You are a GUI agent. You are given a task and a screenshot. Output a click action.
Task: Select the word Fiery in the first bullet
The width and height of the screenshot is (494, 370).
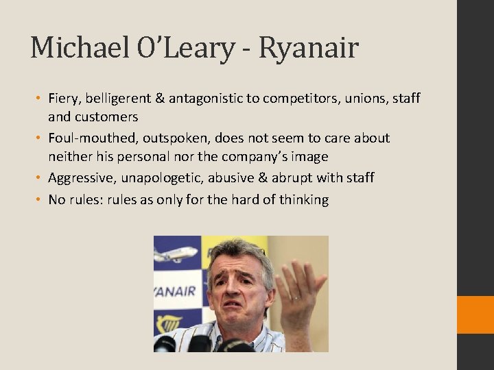64,98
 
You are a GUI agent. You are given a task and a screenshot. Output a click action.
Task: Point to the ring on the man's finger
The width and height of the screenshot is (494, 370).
295,298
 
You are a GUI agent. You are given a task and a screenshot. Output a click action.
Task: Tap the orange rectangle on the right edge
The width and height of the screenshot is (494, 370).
475,314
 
